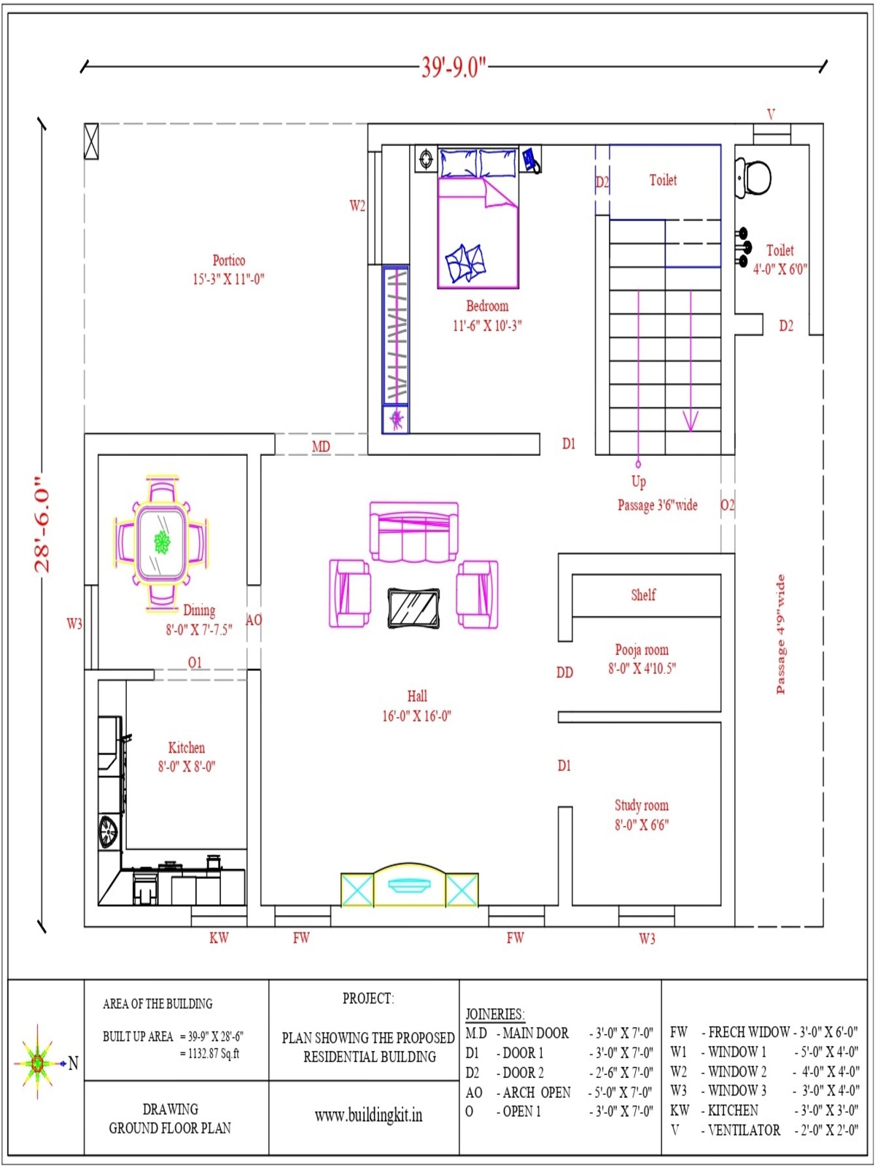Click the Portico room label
[x=229, y=260]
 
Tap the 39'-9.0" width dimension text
[x=454, y=68]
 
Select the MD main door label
[x=321, y=446]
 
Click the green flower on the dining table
[x=161, y=543]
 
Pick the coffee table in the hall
[x=413, y=608]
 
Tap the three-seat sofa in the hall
[x=414, y=531]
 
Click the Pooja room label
[x=642, y=650]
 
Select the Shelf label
[x=643, y=594]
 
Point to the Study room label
[x=642, y=805]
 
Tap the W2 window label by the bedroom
[x=357, y=205]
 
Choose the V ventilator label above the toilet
[x=771, y=114]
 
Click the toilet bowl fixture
[x=754, y=177]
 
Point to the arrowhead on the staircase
[x=691, y=421]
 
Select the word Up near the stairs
[x=639, y=481]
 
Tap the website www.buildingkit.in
[x=369, y=1114]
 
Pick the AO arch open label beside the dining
[x=254, y=619]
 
